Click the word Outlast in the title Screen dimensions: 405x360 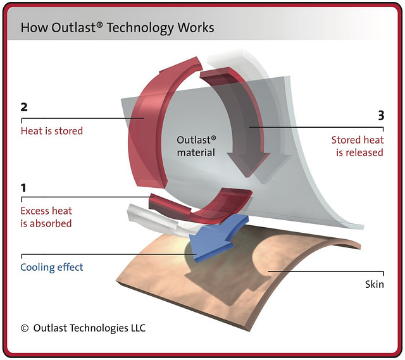pos(73,27)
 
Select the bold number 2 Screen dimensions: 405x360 pos(24,107)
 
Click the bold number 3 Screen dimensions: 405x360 pos(381,115)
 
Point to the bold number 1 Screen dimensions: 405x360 pos(23,188)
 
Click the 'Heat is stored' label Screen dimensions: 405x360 pos(52,131)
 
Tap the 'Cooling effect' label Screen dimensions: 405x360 pos(52,267)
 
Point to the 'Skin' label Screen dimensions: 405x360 pos(374,284)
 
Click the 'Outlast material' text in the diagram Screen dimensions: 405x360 pos(196,146)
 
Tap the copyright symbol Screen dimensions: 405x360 pos(25,328)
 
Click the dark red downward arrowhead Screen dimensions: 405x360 pos(247,164)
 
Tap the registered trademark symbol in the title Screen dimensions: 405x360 pos(100,24)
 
